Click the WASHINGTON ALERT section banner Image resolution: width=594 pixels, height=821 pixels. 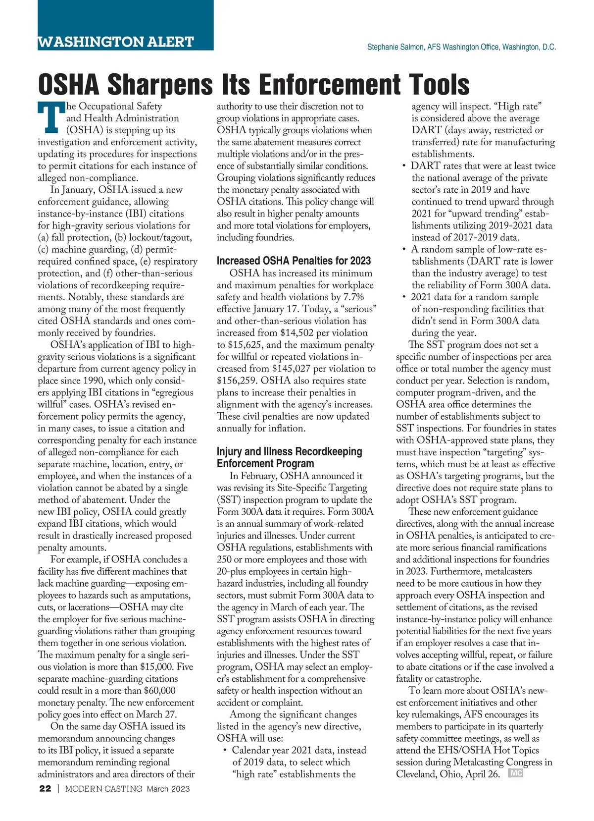point(116,42)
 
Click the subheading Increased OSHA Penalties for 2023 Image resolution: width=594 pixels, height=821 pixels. point(294,261)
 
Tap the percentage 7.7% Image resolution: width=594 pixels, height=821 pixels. point(353,297)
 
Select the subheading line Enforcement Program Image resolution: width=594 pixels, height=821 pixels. point(265,464)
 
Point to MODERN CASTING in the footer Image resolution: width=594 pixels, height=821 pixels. point(104,789)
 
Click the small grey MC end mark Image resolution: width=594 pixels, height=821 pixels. point(515,773)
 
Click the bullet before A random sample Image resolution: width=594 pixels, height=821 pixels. point(404,250)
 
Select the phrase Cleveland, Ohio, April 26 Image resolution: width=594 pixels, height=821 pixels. point(447,774)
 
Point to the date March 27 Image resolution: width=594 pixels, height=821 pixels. point(157,714)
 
